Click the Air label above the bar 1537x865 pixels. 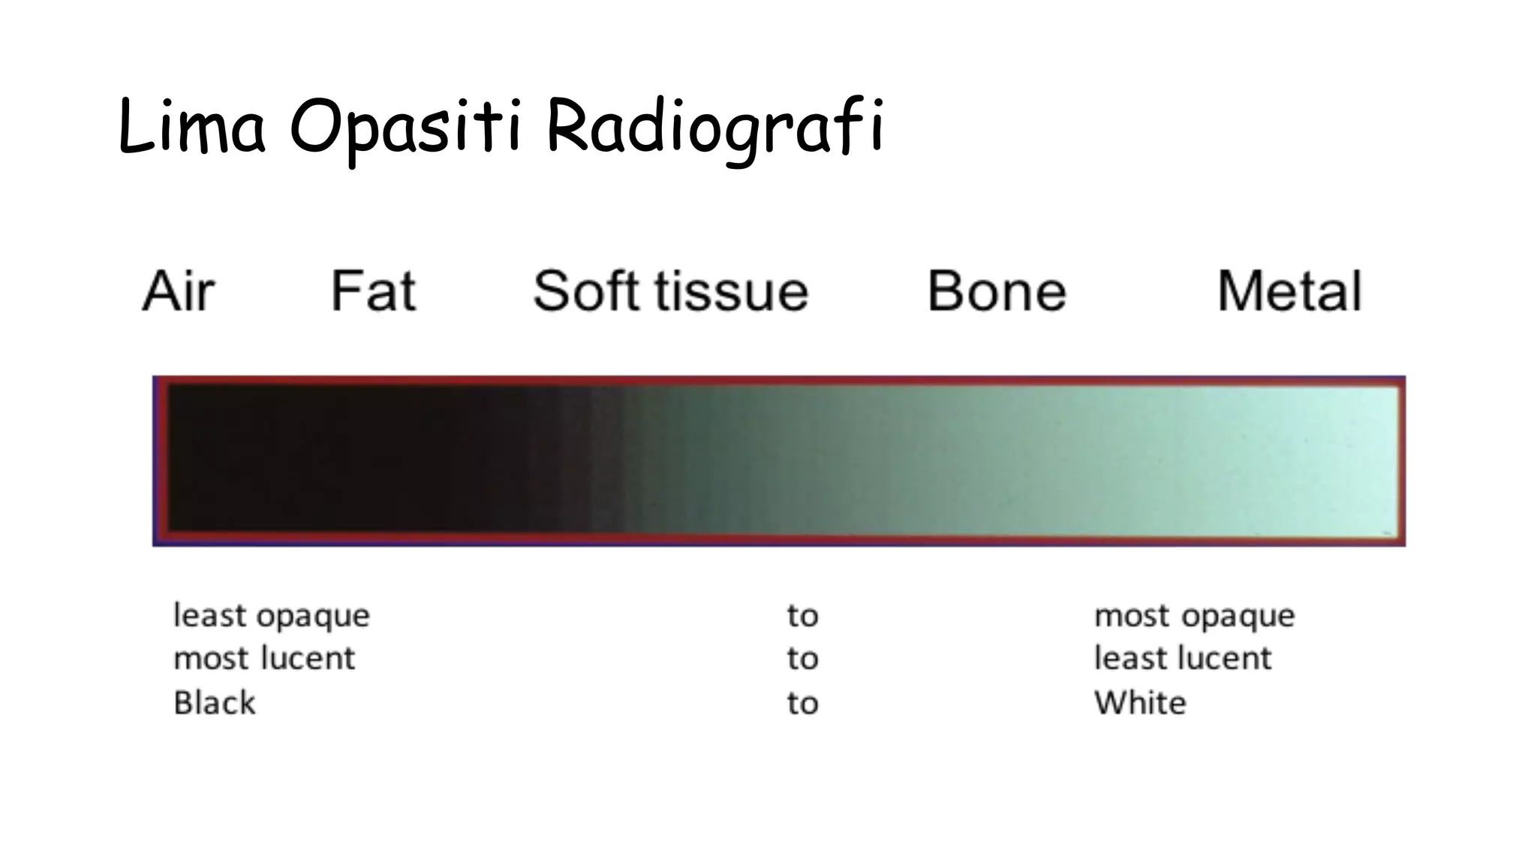[x=179, y=291]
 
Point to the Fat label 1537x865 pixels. [x=373, y=291]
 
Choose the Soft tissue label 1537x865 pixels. [x=670, y=291]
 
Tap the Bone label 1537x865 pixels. [x=996, y=291]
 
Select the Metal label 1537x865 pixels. [x=1289, y=291]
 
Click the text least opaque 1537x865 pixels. [x=272, y=616]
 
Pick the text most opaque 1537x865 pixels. [x=1194, y=616]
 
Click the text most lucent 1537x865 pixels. [x=264, y=659]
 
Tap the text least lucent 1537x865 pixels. [x=1183, y=659]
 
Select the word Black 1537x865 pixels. [x=215, y=704]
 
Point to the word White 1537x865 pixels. [x=1140, y=704]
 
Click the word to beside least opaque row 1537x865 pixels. [x=802, y=616]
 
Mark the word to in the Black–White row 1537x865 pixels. [x=802, y=704]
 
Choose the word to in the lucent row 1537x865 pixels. [x=802, y=659]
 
